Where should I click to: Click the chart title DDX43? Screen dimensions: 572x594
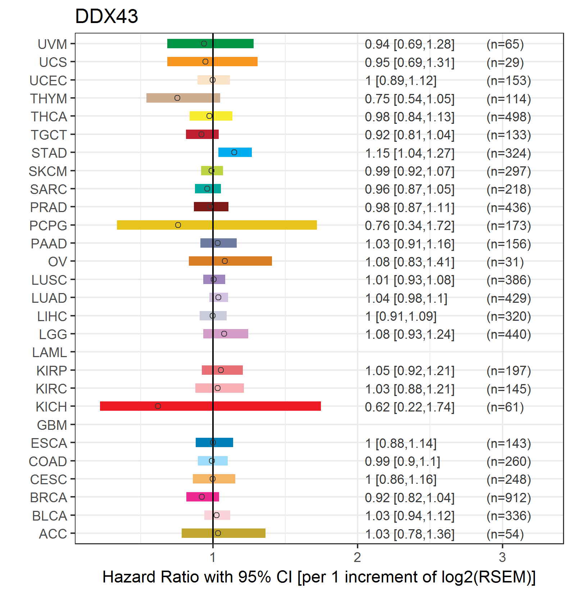point(106,16)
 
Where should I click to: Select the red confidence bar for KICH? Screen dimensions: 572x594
point(210,406)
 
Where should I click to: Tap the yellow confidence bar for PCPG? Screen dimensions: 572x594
point(217,225)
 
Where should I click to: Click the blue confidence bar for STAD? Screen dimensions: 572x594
point(235,152)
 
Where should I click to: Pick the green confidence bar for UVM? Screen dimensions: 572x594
point(210,44)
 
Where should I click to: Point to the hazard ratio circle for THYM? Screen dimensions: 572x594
point(177,98)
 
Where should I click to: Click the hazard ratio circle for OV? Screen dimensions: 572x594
point(225,261)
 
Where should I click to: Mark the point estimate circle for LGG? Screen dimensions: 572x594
point(224,334)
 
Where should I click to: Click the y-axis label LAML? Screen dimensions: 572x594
point(50,352)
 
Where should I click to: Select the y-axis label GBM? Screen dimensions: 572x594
point(52,425)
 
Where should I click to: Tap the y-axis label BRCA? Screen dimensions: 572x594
point(49,498)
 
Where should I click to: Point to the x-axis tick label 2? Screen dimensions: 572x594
point(357,557)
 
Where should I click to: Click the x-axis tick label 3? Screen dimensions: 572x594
point(502,557)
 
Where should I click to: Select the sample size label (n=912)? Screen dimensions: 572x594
point(509,498)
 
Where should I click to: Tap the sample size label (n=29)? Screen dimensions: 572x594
point(505,63)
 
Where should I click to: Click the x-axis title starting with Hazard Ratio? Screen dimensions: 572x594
point(319,577)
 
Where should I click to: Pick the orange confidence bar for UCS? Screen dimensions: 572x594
point(212,62)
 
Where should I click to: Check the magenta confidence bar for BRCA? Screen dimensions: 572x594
point(203,497)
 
